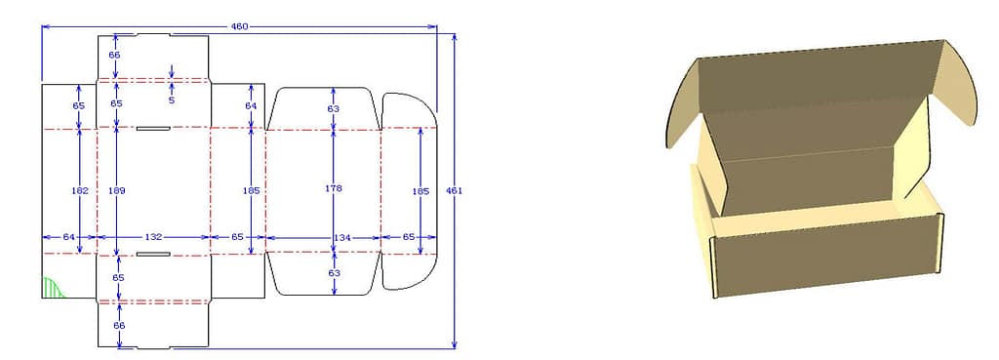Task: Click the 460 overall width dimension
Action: [x=240, y=26]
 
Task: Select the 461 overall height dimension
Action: [x=458, y=191]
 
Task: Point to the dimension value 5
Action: [x=172, y=100]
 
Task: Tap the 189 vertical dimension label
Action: [x=116, y=189]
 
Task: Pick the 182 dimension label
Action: [x=80, y=190]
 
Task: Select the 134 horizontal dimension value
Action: [x=341, y=237]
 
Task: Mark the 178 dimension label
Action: [x=334, y=188]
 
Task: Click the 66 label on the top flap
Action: [x=115, y=55]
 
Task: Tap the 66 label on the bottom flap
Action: [x=119, y=326]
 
